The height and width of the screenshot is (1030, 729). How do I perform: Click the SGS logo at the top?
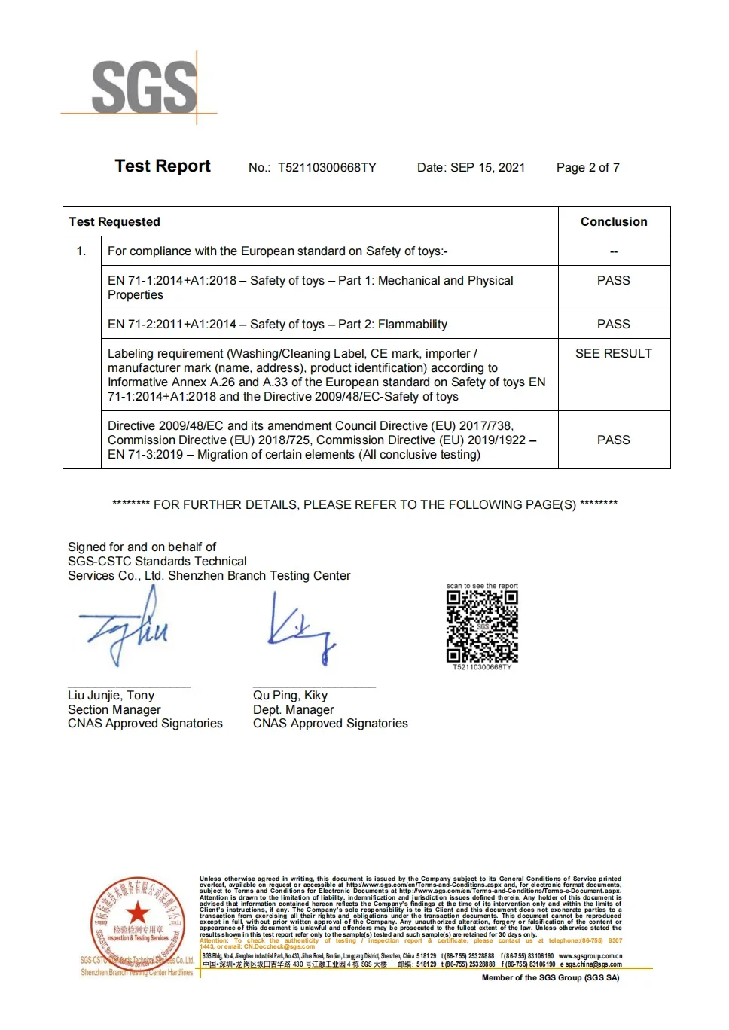[x=143, y=88]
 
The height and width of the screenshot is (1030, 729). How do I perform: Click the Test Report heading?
[x=163, y=166]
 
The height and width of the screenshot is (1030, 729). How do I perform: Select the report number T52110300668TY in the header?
[x=327, y=168]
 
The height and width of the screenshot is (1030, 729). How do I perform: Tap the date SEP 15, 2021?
[x=487, y=168]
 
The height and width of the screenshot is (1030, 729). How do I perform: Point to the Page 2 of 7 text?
[x=587, y=168]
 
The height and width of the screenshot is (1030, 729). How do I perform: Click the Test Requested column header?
[x=114, y=222]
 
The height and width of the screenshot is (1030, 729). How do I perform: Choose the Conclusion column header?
[x=614, y=222]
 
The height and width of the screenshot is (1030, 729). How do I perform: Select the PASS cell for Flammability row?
[x=614, y=325]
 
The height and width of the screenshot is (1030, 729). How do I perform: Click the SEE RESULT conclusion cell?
[x=614, y=354]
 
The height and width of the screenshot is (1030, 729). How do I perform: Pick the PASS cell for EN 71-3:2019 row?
[x=614, y=440]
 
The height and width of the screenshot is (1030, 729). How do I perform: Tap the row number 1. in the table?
[x=81, y=251]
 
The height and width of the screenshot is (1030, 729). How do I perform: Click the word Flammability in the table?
[x=413, y=325]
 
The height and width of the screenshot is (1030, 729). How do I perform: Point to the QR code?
[x=482, y=626]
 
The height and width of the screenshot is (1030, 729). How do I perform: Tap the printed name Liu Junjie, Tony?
[x=111, y=696]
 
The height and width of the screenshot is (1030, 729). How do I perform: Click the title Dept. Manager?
[x=294, y=710]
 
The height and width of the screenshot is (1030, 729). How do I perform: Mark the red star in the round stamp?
[x=137, y=913]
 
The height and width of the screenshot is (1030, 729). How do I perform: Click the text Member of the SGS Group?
[x=551, y=978]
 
